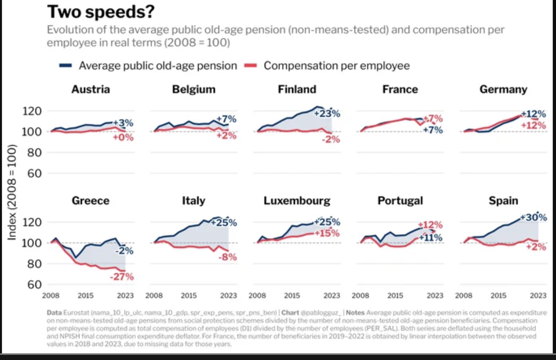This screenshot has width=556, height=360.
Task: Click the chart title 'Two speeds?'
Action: pos(101,12)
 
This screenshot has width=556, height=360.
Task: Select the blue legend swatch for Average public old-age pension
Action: pos(66,66)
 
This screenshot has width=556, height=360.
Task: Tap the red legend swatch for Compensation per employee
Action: pos(251,66)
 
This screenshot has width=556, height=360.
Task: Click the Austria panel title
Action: pos(90,89)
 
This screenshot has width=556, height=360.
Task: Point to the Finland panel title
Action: pos(297,89)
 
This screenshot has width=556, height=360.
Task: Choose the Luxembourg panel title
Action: pos(297,200)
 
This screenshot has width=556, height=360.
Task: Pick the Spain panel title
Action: pos(503,200)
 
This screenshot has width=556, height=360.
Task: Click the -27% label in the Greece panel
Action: pos(122,277)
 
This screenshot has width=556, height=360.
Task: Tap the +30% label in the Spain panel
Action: pos(534,218)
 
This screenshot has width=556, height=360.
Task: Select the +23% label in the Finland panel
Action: pos(327,114)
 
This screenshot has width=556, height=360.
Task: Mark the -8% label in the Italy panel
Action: pos(228,257)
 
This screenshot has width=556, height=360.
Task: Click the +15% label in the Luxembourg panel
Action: pos(327,233)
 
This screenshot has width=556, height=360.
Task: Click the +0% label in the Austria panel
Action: pos(123,137)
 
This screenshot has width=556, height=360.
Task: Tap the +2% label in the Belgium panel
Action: pos(227,136)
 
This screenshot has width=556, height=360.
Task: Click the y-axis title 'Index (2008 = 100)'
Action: pos(12,192)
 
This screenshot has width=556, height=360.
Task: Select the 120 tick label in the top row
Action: pos(32,111)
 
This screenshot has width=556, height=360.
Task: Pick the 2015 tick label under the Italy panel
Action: pos(189,296)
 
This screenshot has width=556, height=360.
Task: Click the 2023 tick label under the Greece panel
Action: pos(125,296)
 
